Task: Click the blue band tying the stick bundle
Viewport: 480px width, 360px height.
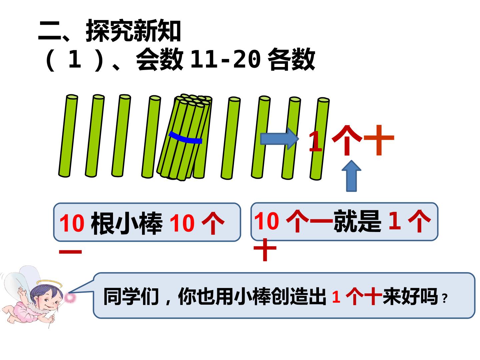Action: coord(185,138)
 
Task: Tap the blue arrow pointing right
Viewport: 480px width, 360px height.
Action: coord(279,139)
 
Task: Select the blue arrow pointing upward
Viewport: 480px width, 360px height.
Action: coord(351,176)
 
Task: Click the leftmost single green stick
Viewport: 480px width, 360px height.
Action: coord(68,136)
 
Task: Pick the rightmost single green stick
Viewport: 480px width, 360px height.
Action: coord(320,139)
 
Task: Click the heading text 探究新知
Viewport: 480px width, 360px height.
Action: coord(133,31)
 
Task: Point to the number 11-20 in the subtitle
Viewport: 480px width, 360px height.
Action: coord(225,59)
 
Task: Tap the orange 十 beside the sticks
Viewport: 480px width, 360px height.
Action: coord(379,140)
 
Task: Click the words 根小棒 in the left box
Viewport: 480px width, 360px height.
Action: coord(127,223)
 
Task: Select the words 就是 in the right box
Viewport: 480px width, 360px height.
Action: coord(357,221)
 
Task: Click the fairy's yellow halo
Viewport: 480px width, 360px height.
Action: coord(49,283)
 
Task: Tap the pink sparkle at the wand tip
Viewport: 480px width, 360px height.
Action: coord(70,297)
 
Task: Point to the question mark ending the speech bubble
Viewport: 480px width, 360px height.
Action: coord(445,298)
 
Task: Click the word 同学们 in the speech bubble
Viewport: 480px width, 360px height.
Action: coord(131,296)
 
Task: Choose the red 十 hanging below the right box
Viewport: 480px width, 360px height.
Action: coord(265,249)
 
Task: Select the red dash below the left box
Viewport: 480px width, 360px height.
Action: coord(70,252)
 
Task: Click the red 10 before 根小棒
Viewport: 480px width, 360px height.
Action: coord(72,223)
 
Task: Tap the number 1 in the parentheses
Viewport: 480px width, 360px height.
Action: coord(75,59)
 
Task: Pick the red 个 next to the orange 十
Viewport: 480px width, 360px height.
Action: coord(347,140)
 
